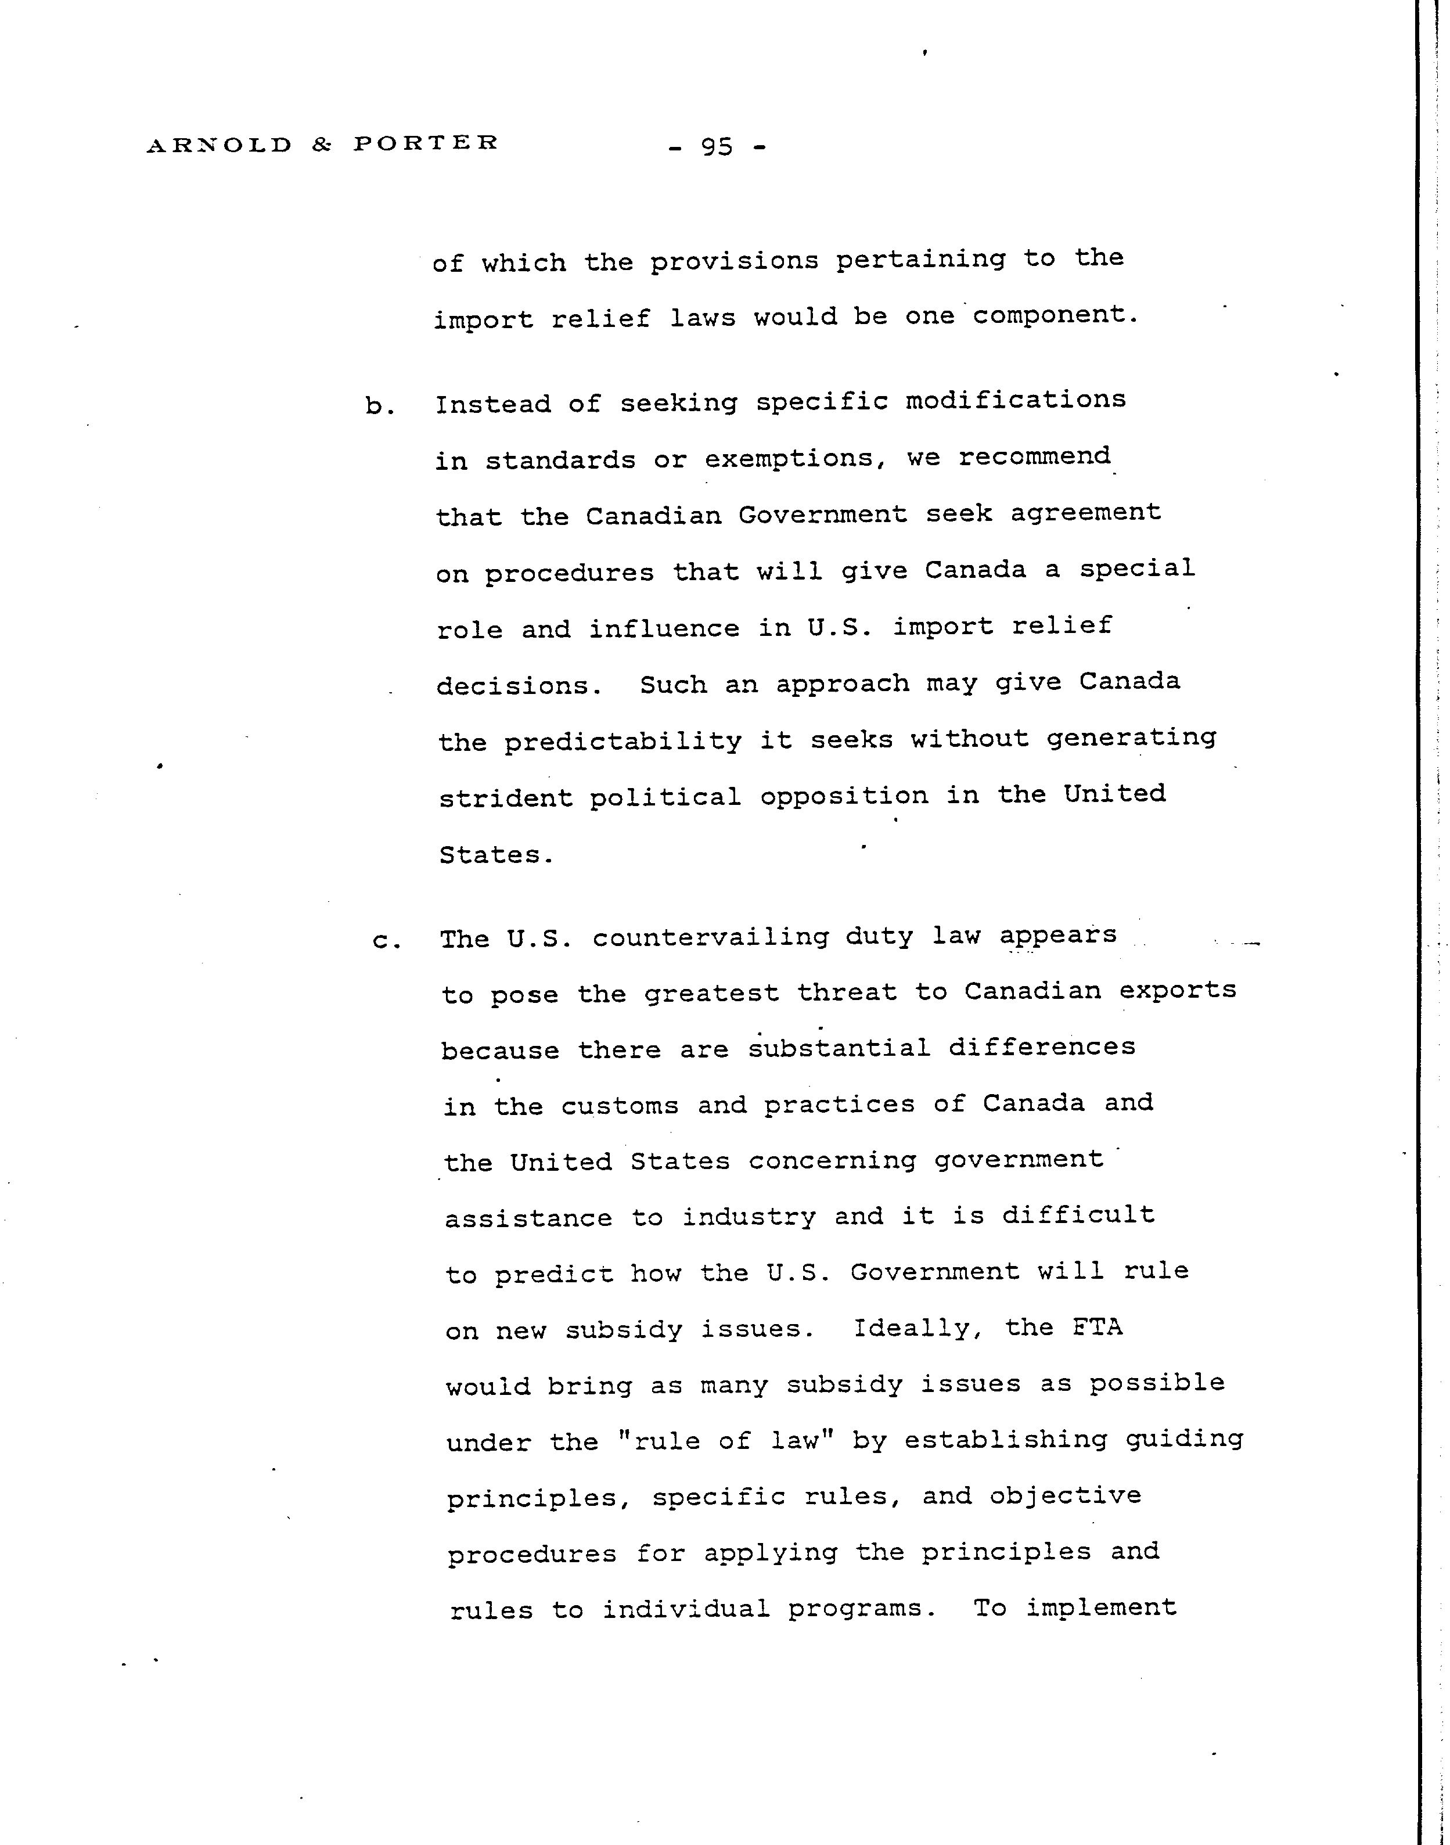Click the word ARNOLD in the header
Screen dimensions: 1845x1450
pyautogui.click(x=219, y=145)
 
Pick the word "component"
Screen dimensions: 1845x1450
pyautogui.click(x=1053, y=315)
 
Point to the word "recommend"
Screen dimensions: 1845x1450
pyautogui.click(x=1034, y=457)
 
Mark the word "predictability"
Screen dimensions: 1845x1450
pyautogui.click(x=623, y=742)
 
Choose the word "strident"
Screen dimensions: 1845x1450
pyautogui.click(x=506, y=798)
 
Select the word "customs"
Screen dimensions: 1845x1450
pyautogui.click(x=620, y=1106)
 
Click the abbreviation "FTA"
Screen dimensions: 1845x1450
pyautogui.click(x=1097, y=1327)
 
